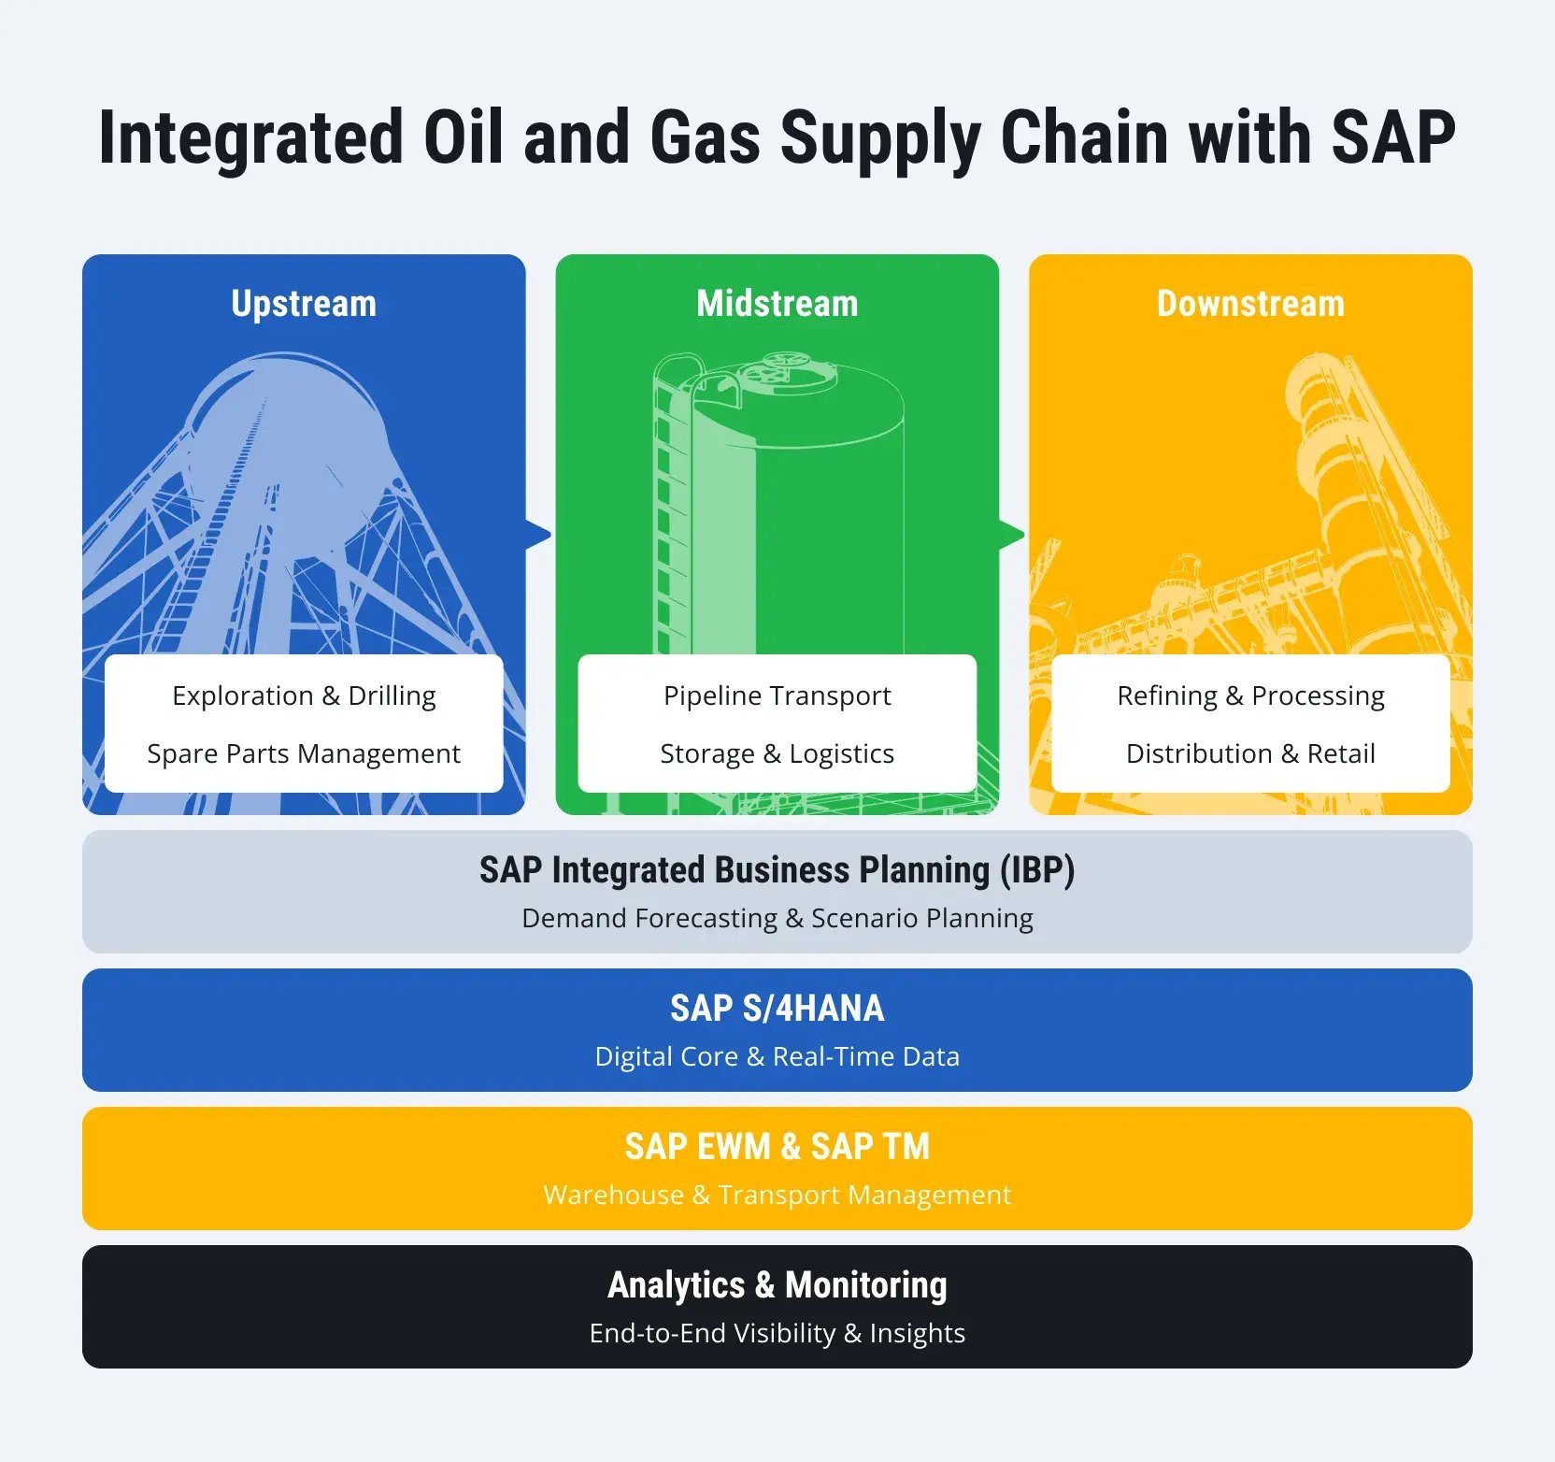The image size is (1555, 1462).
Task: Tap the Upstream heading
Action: pos(304,304)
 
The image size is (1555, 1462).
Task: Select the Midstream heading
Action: pos(777,304)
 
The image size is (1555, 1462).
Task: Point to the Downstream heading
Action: pos(1250,304)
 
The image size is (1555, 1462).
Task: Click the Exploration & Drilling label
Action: pos(304,695)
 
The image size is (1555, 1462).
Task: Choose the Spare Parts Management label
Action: pos(304,753)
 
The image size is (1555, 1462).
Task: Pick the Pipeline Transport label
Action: pos(777,695)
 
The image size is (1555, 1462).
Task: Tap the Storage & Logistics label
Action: pos(777,753)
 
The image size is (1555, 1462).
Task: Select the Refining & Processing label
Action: pos(1250,695)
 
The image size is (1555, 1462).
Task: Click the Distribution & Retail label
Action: pos(1250,753)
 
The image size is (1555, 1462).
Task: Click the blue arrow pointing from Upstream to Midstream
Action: pos(538,535)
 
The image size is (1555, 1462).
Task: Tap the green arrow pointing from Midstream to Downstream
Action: pos(1012,535)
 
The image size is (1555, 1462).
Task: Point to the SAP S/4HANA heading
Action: pos(777,1009)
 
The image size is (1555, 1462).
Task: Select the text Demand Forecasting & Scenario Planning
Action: pos(777,918)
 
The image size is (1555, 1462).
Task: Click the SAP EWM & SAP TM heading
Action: pos(777,1147)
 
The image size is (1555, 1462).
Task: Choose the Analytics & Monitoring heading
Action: pos(777,1285)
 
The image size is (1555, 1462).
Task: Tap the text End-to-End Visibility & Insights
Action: pos(777,1333)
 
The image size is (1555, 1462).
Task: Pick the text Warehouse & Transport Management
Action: pos(777,1195)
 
